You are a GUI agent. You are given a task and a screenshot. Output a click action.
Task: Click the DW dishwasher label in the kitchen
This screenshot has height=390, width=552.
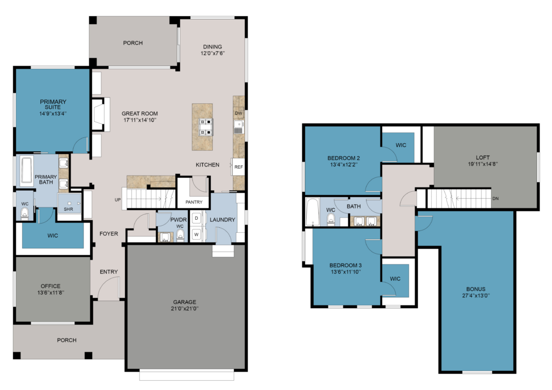click(x=239, y=113)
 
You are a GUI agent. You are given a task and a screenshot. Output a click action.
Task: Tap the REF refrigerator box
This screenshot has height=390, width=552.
click(x=238, y=166)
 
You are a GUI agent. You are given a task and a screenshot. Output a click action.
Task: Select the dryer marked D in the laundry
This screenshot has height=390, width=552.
click(x=196, y=218)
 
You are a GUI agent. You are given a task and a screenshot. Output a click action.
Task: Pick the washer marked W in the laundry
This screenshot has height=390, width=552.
click(x=196, y=234)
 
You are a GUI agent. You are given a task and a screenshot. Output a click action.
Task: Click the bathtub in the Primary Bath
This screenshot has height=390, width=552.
click(x=26, y=170)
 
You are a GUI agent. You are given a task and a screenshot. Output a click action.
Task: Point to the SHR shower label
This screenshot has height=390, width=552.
click(x=68, y=209)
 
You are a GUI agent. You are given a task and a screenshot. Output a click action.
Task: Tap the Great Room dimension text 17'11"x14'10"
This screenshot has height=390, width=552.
click(x=140, y=120)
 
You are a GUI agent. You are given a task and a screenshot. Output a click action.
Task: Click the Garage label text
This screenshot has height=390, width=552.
click(x=184, y=302)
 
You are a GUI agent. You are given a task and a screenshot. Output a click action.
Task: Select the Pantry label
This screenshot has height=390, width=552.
click(x=194, y=202)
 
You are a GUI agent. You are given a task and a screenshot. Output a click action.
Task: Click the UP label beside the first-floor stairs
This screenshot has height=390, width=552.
click(x=118, y=200)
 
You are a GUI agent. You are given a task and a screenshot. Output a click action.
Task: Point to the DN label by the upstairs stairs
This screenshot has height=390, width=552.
click(x=495, y=199)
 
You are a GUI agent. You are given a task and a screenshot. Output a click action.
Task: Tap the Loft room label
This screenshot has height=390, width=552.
click(x=482, y=157)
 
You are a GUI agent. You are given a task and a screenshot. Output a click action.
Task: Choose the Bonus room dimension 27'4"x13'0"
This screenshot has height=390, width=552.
click(x=475, y=296)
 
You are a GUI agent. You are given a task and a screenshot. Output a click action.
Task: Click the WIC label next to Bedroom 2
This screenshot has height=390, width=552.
click(x=401, y=145)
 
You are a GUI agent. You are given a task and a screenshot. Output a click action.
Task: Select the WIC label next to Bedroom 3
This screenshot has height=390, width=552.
click(x=395, y=279)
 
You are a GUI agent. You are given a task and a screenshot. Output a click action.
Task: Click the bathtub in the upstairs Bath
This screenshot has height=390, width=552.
click(x=313, y=211)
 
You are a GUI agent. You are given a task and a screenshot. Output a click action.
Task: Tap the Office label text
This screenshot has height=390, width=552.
click(x=50, y=286)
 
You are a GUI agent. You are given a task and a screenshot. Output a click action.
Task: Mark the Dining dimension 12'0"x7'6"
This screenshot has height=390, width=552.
click(x=212, y=53)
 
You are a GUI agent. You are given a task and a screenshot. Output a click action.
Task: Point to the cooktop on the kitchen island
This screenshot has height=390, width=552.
click(x=206, y=127)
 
